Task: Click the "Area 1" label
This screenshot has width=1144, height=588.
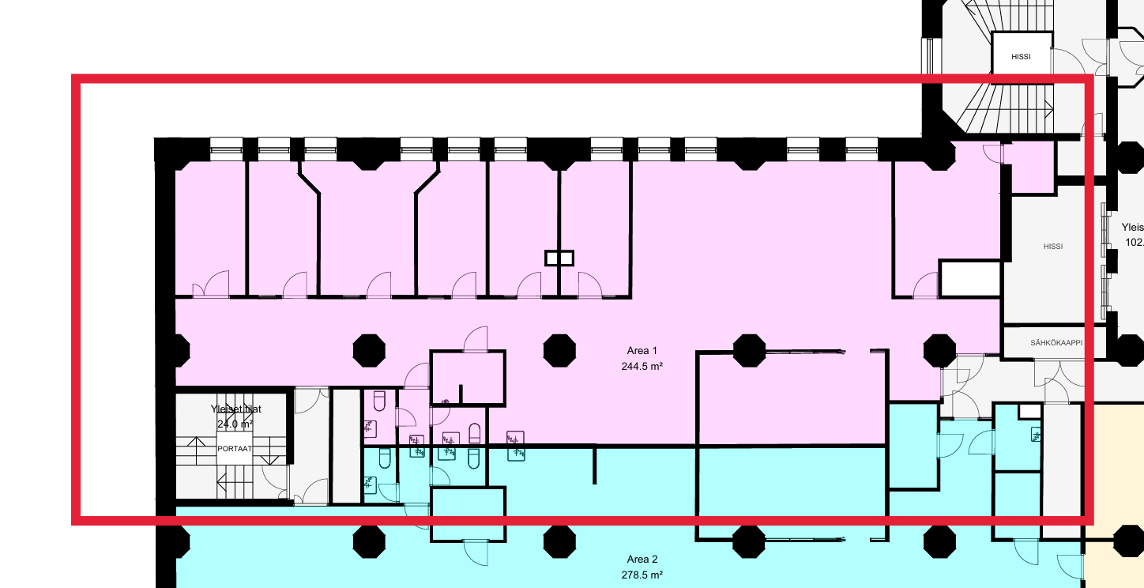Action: tap(642, 351)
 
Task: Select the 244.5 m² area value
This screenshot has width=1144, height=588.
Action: tap(642, 366)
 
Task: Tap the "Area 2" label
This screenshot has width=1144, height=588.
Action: tap(642, 560)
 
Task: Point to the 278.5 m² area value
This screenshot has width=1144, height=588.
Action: tap(642, 575)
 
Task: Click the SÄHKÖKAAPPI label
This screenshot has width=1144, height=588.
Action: tap(1056, 343)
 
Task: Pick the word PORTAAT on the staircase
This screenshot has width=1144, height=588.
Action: tap(235, 448)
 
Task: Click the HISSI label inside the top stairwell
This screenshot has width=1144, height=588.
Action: tap(1022, 58)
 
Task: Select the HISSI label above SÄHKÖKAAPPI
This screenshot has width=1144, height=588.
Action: tap(1052, 247)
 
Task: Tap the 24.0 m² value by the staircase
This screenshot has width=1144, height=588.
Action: tap(235, 424)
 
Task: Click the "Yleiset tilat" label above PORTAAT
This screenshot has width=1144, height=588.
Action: tap(235, 409)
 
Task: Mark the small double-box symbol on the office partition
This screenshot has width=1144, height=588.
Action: tap(559, 258)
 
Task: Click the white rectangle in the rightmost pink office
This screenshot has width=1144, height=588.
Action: tap(970, 279)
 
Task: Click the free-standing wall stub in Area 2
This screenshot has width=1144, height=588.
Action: tap(594, 465)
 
